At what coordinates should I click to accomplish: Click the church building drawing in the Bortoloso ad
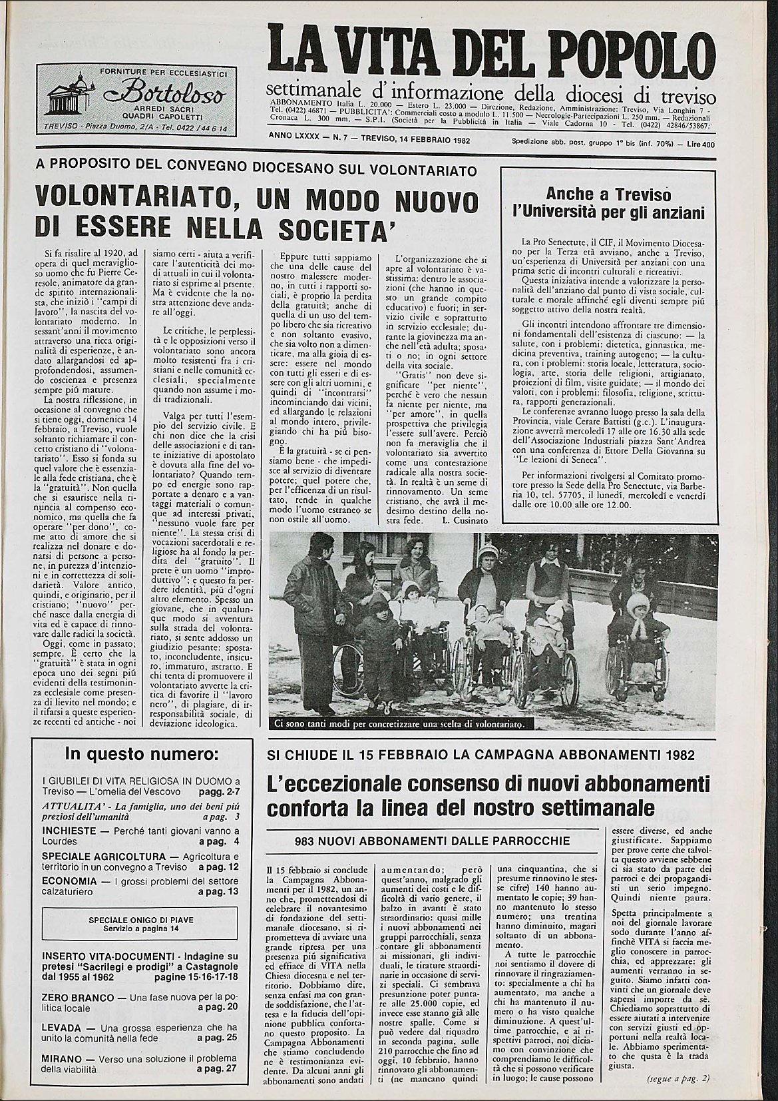tap(69, 98)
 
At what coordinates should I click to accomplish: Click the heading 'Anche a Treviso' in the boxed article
tap(608, 194)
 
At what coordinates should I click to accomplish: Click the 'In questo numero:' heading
tap(140, 755)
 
